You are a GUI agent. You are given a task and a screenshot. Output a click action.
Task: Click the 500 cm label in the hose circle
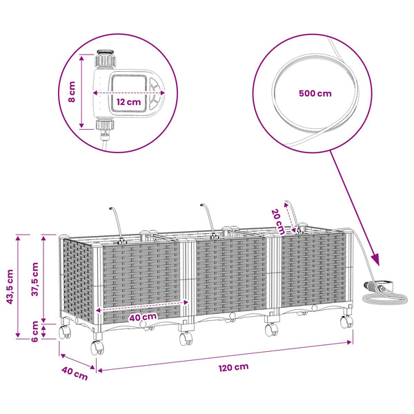pos(315,93)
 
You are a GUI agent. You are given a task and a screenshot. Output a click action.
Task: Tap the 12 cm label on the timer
pos(128,102)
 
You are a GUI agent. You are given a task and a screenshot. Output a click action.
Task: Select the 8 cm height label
pos(72,92)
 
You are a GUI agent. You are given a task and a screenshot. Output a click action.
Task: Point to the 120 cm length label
pos(233,367)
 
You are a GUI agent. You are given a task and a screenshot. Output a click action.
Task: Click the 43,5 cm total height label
pos(10,287)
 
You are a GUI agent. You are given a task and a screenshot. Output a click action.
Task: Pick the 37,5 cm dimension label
pos(35,279)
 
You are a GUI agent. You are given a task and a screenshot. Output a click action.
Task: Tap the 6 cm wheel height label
pos(35,332)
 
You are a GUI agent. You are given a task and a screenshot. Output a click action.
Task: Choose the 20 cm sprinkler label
pos(278,221)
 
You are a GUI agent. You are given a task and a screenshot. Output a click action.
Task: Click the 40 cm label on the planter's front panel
pos(143,317)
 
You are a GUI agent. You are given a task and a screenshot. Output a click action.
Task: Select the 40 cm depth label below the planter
pos(75,373)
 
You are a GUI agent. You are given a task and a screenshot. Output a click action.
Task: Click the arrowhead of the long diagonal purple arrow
pos(376,260)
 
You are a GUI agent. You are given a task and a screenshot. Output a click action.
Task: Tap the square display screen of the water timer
pos(128,93)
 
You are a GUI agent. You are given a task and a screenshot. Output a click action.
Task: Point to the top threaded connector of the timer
pos(106,59)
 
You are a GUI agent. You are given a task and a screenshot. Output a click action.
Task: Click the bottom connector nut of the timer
pos(105,125)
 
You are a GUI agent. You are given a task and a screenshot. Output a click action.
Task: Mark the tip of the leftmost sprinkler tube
pos(111,208)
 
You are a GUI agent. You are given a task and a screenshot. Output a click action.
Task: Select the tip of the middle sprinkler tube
pos(201,205)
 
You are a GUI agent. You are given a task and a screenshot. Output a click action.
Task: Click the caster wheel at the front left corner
pos(97,347)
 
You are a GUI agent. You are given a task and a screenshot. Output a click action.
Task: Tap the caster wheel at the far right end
pos(346,322)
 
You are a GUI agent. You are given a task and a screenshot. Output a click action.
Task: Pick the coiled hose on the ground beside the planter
pos(385,298)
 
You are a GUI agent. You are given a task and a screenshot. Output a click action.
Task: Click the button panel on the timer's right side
pos(155,93)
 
